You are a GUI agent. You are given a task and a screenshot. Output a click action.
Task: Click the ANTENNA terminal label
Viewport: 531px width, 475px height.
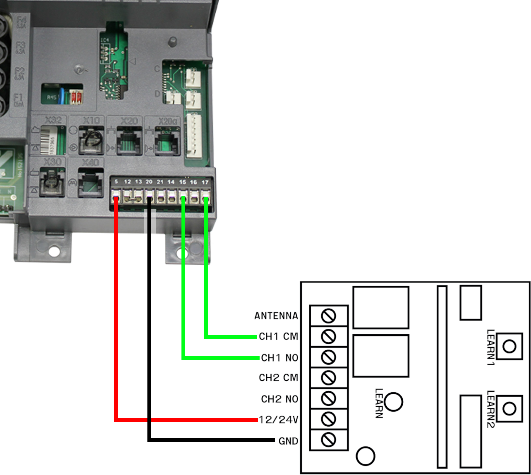point(276,316)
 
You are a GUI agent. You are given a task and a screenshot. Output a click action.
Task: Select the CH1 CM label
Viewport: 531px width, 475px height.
point(278,337)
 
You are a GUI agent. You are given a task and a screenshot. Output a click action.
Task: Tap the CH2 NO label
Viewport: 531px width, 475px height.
point(279,399)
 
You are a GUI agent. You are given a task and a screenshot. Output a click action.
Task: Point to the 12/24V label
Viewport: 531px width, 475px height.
point(278,420)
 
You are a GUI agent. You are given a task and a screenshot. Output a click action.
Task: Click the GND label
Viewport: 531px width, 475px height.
point(288,441)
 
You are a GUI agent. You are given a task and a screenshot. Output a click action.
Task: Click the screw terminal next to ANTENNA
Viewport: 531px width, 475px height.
point(328,316)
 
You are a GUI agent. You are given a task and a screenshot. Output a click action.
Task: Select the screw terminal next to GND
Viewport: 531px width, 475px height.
point(328,440)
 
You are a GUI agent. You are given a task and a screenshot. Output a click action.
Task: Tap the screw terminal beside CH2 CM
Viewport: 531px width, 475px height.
point(328,378)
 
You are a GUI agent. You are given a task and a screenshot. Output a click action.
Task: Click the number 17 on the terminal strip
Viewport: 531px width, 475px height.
point(205,182)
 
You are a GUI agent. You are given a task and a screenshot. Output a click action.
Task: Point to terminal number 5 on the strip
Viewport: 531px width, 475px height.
point(116,181)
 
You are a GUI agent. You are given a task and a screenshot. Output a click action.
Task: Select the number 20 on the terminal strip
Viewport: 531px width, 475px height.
point(149,182)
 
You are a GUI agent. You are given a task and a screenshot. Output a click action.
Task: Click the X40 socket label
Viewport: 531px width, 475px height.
point(90,163)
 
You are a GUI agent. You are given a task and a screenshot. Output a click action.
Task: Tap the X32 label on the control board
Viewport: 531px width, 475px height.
point(53,120)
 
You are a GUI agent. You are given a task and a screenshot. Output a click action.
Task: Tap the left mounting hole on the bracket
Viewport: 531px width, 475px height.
point(54,252)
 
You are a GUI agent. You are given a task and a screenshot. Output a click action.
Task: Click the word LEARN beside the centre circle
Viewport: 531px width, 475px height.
point(379,403)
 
